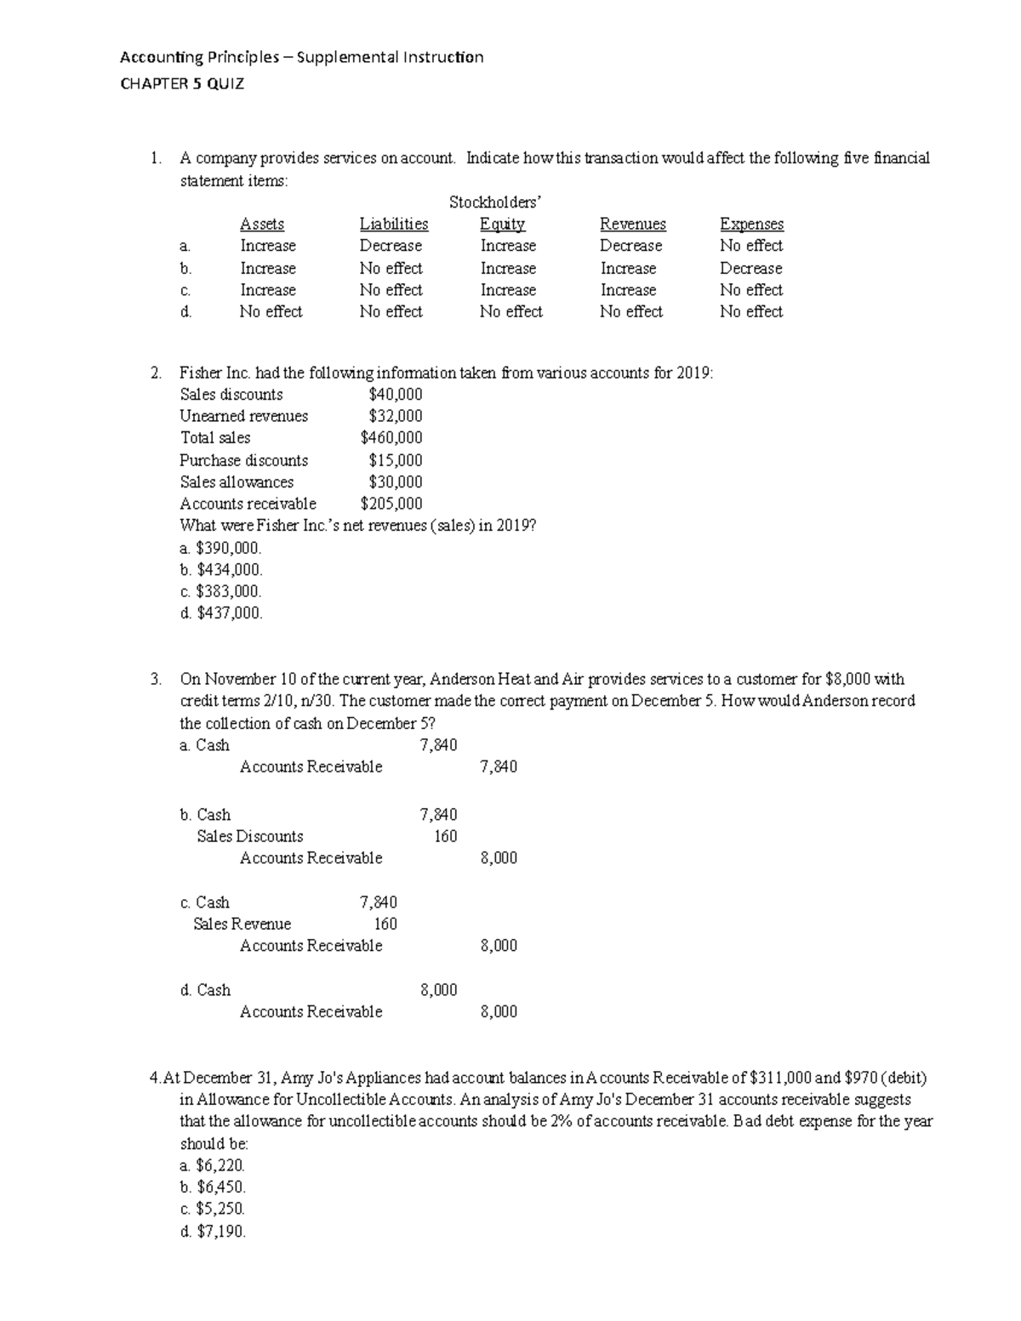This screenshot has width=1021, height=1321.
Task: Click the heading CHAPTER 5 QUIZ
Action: (x=182, y=83)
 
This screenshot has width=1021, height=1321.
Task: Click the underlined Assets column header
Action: (x=262, y=225)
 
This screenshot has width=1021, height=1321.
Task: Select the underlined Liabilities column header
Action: (x=394, y=225)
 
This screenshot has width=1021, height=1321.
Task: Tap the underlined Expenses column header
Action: (x=751, y=225)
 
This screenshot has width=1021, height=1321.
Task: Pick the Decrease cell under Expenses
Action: (x=750, y=269)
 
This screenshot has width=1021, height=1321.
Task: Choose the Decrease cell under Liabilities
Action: (x=391, y=246)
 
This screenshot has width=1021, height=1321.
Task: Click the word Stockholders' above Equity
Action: (x=495, y=202)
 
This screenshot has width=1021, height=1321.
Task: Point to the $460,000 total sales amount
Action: (x=391, y=438)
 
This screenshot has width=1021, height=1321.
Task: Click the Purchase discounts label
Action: (x=244, y=460)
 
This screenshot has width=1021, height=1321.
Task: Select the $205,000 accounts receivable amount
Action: (x=391, y=504)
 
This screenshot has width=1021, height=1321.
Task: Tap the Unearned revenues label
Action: (x=244, y=416)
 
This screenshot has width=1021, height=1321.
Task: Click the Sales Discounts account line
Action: (x=249, y=836)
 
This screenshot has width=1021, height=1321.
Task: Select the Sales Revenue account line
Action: (x=242, y=924)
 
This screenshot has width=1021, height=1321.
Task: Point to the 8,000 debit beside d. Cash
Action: (x=439, y=990)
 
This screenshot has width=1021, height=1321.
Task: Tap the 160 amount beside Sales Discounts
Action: (x=445, y=836)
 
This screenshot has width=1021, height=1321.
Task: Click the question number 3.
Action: (x=154, y=680)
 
